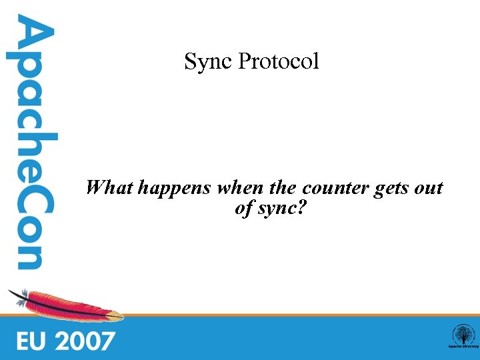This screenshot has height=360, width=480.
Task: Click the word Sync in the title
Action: (208, 62)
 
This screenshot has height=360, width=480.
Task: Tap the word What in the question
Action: (110, 187)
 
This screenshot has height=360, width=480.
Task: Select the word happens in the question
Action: (174, 189)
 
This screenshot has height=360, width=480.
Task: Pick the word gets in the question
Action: (391, 189)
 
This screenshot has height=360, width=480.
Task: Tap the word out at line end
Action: (429, 187)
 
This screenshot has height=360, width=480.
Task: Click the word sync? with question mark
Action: (282, 209)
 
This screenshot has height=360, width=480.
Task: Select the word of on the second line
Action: (243, 208)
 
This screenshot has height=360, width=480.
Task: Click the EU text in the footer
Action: (31, 341)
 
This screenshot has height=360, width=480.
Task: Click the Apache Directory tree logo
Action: (463, 336)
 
